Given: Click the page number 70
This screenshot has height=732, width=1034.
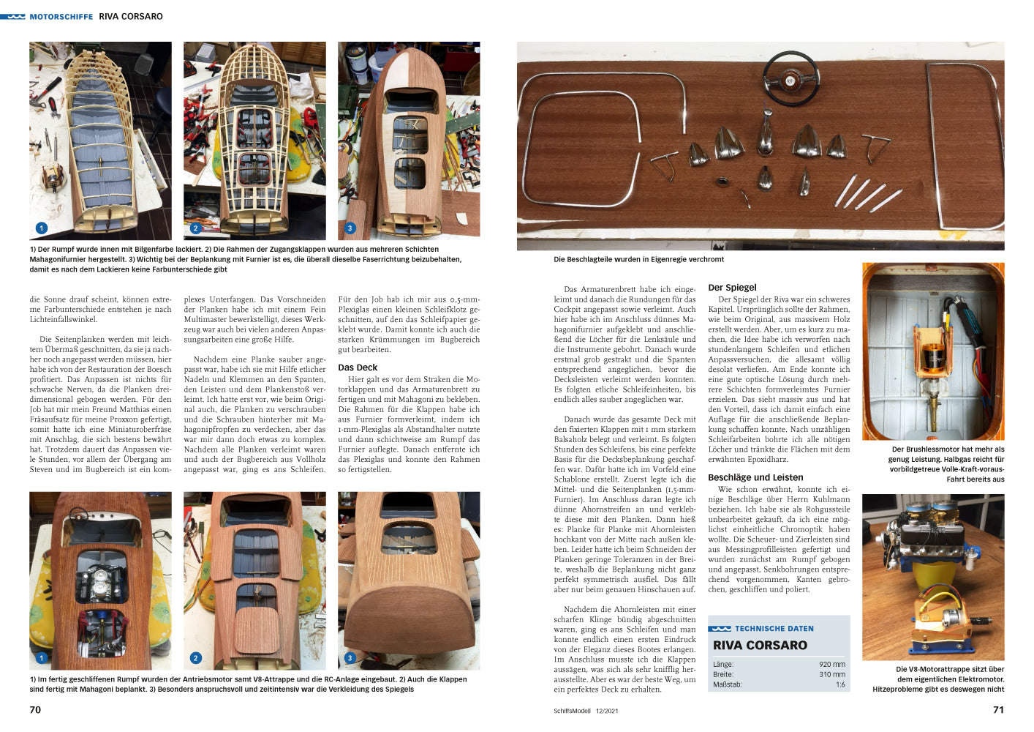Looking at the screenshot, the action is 35,709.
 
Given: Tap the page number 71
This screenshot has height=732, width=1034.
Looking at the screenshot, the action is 998,709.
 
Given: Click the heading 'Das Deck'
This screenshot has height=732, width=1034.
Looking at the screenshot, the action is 358,367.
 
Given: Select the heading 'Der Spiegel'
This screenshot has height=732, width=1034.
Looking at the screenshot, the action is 732,288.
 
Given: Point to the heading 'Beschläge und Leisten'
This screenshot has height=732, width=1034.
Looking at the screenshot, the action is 755,477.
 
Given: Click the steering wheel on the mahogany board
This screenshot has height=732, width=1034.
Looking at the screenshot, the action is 790,78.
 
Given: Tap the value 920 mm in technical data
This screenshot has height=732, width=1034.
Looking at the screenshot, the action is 832,664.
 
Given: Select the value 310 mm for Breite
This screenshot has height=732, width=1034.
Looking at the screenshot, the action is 832,674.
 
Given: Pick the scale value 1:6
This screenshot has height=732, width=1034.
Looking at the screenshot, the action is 840,684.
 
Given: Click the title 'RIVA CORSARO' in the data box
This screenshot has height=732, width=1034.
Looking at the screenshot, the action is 760,645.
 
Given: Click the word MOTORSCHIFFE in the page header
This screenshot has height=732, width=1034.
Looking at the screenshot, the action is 61,17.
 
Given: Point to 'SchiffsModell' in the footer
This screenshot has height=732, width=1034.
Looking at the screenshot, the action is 572,711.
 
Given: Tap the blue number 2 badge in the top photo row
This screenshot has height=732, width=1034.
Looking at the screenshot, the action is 195,228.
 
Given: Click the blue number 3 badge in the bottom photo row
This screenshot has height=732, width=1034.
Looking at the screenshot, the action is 350,657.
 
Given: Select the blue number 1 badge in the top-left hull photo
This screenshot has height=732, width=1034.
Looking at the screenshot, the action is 42,228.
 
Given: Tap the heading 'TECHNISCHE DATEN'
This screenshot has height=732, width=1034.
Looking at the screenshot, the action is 774,629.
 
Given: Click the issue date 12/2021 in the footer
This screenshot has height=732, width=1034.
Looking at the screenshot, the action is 606,711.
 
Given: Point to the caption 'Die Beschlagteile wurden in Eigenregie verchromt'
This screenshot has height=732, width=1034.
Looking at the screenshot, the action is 638,259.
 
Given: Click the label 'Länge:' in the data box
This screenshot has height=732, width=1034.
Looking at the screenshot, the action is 723,664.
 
